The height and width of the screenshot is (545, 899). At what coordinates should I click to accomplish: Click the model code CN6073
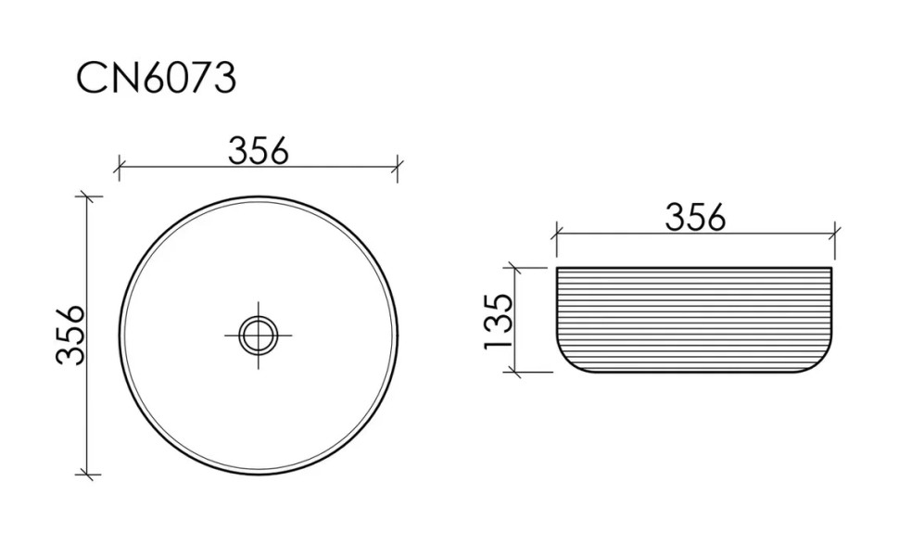tap(156, 78)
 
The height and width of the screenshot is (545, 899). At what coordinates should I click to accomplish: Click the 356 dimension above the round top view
tap(258, 151)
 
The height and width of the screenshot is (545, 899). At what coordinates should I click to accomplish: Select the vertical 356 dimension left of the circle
tap(70, 335)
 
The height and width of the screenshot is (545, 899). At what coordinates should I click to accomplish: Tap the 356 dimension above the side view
tap(695, 218)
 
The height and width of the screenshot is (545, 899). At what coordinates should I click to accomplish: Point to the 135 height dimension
tap(497, 321)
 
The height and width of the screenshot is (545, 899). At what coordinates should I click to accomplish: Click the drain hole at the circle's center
tap(258, 335)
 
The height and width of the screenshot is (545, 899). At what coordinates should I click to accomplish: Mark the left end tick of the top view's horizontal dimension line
tap(119, 168)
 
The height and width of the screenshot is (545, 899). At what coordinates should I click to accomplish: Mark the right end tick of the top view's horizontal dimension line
tap(398, 168)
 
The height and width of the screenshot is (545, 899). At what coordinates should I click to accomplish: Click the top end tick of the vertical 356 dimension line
tap(86, 196)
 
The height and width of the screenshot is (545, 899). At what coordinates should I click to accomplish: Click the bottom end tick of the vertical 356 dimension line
tap(86, 475)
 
